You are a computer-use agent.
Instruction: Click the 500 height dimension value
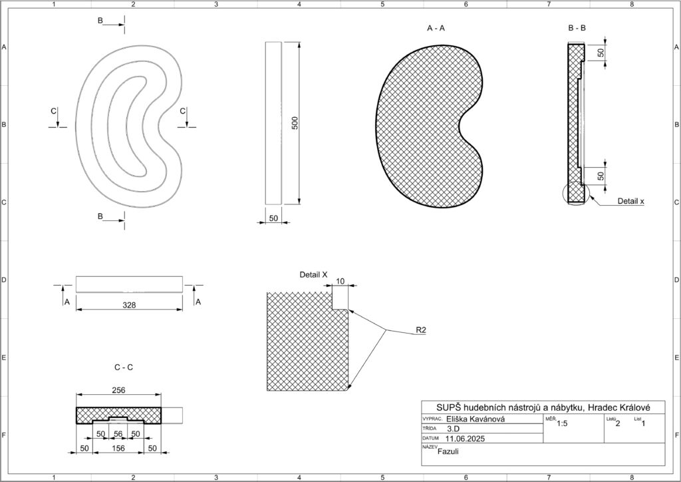[x=295, y=122]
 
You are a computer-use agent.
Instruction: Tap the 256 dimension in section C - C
[x=118, y=390]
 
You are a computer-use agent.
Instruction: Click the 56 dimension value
[x=119, y=434]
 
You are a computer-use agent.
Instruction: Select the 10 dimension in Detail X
[x=340, y=282]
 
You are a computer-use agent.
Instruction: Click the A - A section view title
[x=436, y=29]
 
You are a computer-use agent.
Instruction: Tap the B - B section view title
[x=577, y=29]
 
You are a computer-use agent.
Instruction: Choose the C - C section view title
[x=124, y=367]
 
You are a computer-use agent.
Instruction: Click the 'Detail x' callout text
[x=630, y=200]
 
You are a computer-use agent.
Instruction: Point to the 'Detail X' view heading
[x=314, y=274]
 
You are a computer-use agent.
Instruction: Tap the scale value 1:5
[x=562, y=423]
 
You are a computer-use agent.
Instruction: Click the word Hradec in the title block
[x=593, y=407]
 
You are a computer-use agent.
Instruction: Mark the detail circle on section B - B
[x=576, y=192]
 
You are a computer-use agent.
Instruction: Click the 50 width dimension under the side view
[x=273, y=218]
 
